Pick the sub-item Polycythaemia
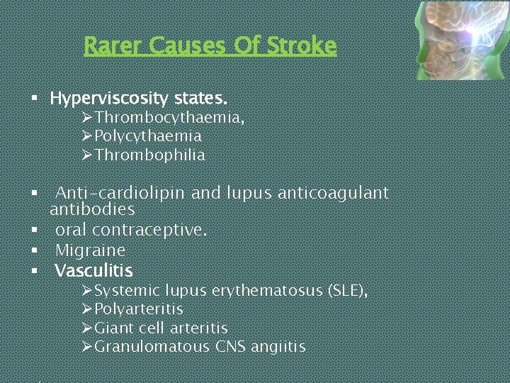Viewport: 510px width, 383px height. pos(148,136)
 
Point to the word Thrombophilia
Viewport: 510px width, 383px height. pos(149,155)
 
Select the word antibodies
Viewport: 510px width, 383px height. pos(92,210)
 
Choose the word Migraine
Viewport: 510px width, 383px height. pos(90,250)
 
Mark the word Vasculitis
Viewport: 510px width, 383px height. pos(93,270)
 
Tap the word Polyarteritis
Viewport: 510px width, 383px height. pos(138,310)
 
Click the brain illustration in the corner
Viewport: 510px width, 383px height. pos(461,40)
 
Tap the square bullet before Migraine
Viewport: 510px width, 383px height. pos(33,251)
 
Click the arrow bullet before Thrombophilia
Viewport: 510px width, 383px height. pos(86,155)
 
